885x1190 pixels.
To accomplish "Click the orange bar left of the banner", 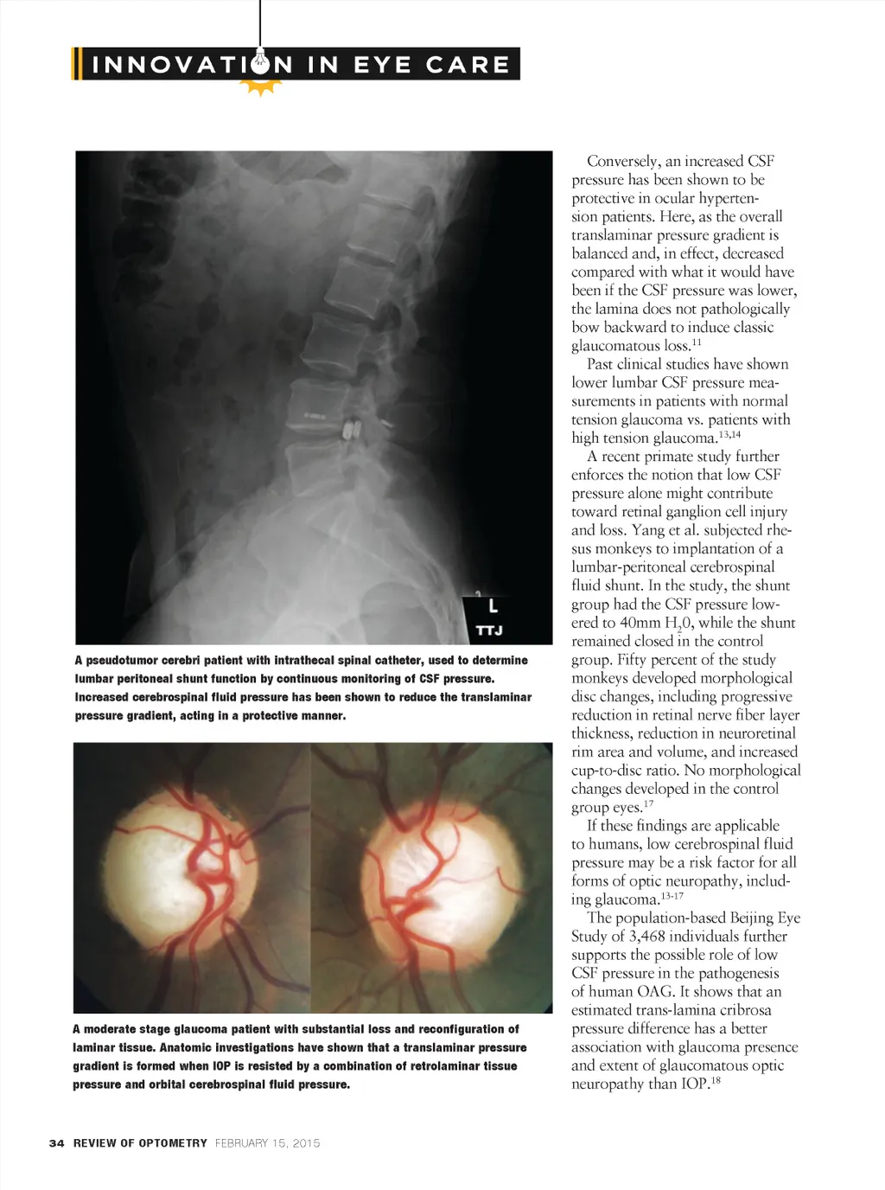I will tap(76, 64).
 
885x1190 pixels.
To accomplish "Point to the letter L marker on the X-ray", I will tap(493, 606).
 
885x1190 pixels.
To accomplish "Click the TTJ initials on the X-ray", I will tap(489, 630).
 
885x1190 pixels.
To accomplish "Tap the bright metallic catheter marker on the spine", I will tap(353, 430).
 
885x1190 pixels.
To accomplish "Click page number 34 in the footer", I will tap(56, 1143).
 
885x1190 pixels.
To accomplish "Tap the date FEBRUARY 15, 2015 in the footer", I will tap(267, 1143).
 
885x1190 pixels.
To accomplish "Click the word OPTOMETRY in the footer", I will tap(173, 1143).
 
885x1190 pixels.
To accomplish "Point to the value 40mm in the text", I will tap(640, 623).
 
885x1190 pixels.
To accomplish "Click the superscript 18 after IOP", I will tap(715, 1080).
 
